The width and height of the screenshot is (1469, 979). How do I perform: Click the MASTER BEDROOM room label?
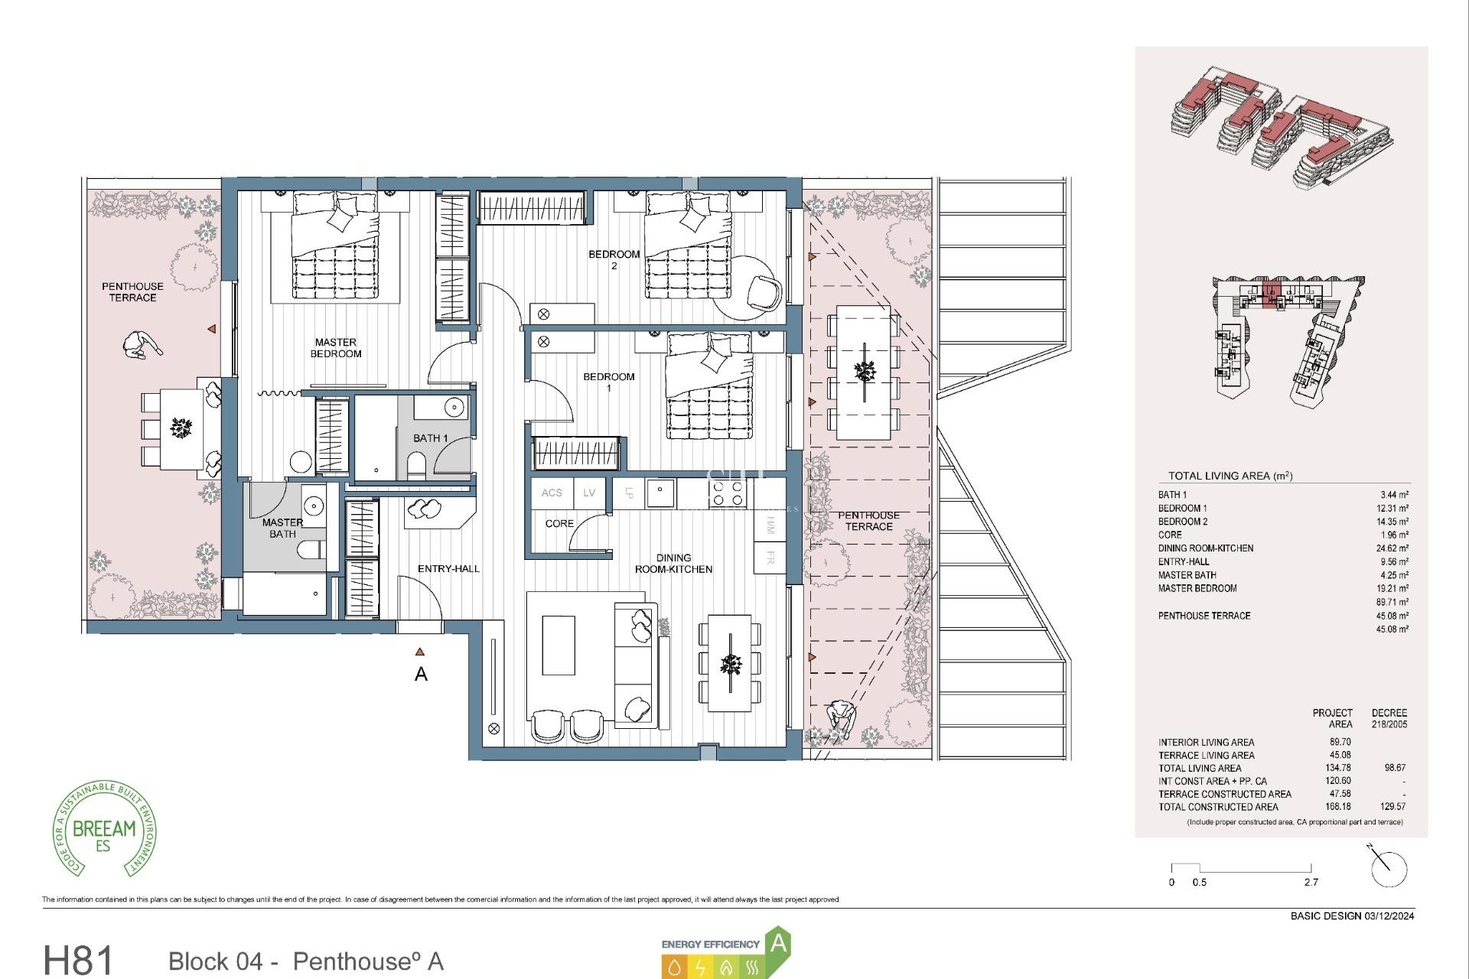pos(335,348)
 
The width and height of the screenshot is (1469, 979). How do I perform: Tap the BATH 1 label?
pos(430,438)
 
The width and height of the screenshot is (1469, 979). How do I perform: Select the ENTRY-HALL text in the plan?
pos(448,569)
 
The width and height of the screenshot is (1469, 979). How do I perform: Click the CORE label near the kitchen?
pos(559,524)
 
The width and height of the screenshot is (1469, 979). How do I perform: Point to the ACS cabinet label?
pos(552,493)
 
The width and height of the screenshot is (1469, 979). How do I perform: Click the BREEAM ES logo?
pos(105,830)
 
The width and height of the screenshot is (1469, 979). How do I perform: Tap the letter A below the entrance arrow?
pos(421,675)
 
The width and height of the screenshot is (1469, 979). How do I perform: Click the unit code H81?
pos(78,960)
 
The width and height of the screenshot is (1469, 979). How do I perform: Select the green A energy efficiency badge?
pos(777,943)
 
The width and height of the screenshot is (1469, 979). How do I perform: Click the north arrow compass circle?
pos(1389,869)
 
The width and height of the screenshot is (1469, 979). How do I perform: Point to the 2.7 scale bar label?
pos(1311,883)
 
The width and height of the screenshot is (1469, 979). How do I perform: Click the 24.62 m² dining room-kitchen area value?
pos(1392,548)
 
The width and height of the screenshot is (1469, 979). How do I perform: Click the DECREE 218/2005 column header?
pos(1389,718)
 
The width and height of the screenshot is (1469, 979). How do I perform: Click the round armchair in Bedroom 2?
pos(764,291)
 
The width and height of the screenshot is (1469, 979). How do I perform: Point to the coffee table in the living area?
pos(559,646)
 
